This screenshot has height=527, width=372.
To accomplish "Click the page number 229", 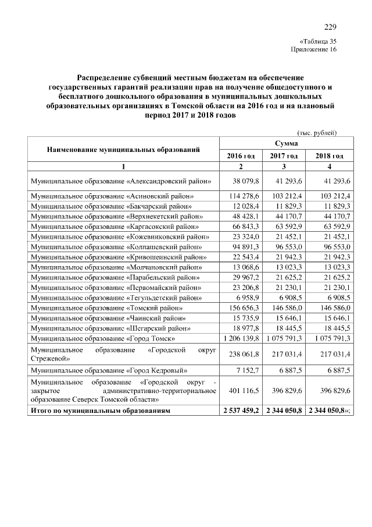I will (330, 27).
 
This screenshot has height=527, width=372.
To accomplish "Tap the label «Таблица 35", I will (317, 41).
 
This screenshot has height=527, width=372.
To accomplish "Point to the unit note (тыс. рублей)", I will (317, 133).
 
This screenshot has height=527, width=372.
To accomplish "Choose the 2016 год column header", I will (241, 156).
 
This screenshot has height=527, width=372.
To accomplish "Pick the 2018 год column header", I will (329, 156).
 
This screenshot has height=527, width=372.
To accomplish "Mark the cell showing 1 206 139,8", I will (241, 338).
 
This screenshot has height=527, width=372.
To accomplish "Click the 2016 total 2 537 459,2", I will (241, 411).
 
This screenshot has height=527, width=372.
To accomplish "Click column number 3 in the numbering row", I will (285, 167).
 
